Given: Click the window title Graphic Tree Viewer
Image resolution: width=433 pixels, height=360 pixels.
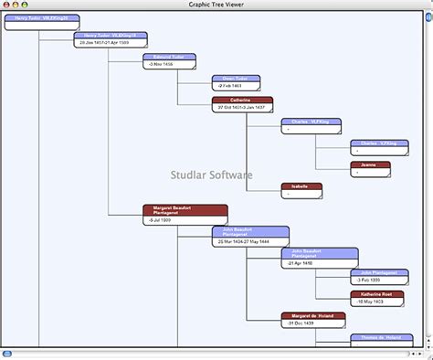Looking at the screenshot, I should pos(216,5).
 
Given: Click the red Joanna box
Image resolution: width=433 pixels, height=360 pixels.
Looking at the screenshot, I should pos(370,168).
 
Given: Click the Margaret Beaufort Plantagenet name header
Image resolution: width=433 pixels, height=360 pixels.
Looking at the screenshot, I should pos(172,210).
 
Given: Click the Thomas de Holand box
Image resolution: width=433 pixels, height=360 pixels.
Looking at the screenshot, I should pos(379,338).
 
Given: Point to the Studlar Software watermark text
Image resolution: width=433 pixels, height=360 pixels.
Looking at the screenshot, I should pos(212,175).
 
